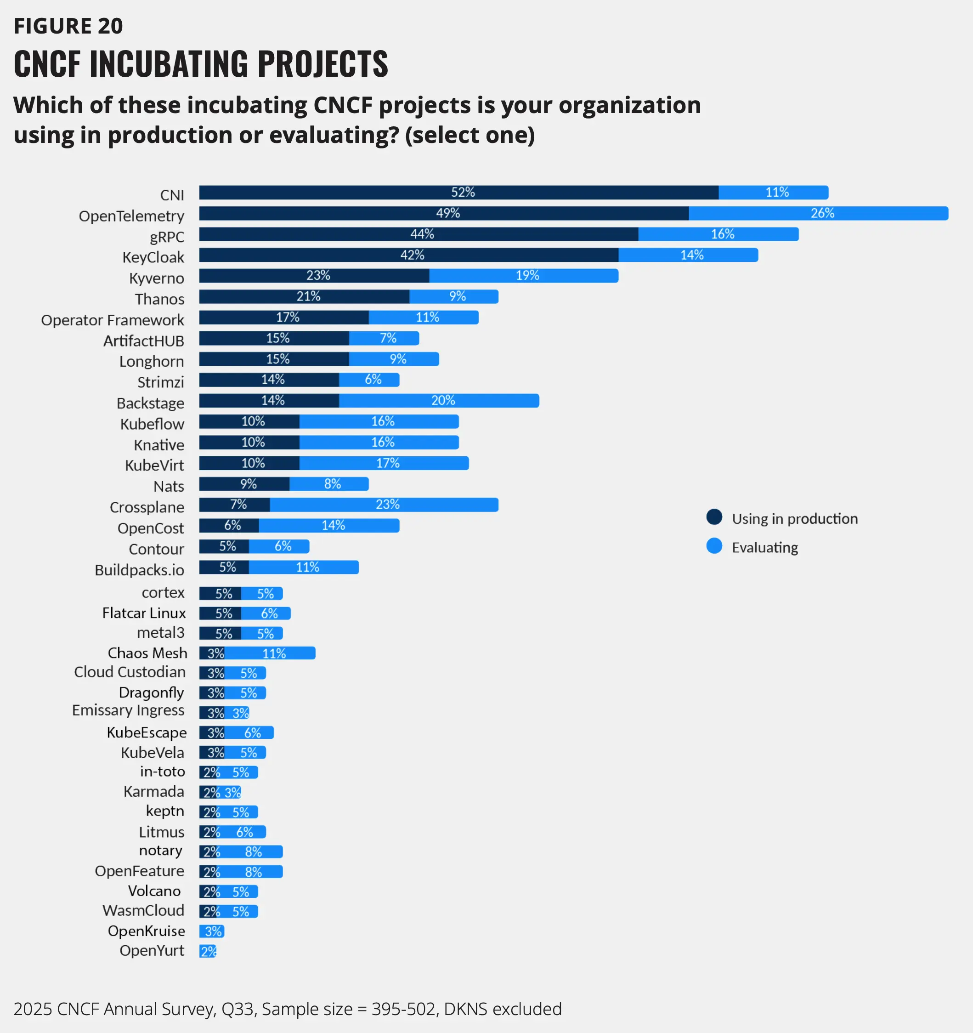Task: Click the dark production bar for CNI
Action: click(x=459, y=192)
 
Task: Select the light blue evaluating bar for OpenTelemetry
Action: click(x=818, y=213)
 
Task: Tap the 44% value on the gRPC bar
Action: click(x=422, y=234)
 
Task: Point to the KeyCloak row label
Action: click(x=153, y=257)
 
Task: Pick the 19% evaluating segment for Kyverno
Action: click(x=524, y=275)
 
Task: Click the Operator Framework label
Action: click(x=113, y=319)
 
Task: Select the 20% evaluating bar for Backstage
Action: click(x=439, y=401)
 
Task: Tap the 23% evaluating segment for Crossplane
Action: click(x=384, y=505)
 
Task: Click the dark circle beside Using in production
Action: click(x=714, y=517)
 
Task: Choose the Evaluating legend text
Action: click(x=765, y=547)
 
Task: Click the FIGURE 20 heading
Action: click(x=68, y=26)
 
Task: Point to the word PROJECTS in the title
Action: click(x=322, y=63)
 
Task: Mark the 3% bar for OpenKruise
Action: click(x=212, y=931)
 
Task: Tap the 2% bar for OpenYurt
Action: click(x=208, y=951)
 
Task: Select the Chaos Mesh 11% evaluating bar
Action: click(x=270, y=653)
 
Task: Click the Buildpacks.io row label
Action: click(x=139, y=570)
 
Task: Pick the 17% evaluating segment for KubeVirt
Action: click(x=384, y=463)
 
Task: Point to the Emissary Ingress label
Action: click(x=128, y=710)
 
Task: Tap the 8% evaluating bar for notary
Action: click(x=254, y=851)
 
